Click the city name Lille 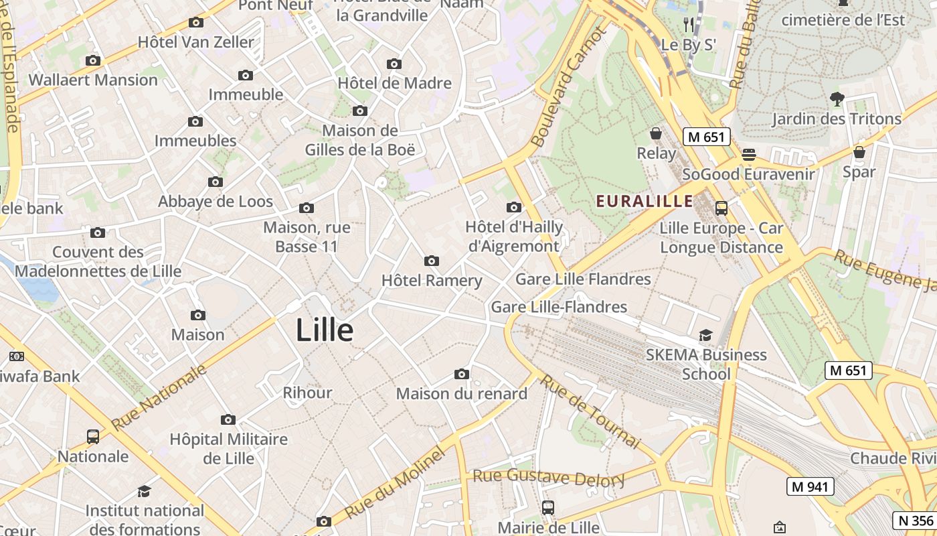coord(325,330)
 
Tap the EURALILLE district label coord(645,201)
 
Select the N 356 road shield coord(915,521)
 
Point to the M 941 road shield coord(810,486)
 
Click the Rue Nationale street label coord(160,398)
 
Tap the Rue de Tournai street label coord(590,411)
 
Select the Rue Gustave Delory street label coord(549,477)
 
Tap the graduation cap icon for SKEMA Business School coord(705,335)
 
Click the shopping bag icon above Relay coord(656,133)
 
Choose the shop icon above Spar coord(859,152)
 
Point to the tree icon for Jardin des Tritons coord(837,99)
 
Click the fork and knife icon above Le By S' coord(689,25)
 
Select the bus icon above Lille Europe coord(721,208)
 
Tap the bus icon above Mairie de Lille coord(548,508)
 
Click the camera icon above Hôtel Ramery coord(432,261)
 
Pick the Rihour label coord(307,393)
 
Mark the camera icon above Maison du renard coord(461,374)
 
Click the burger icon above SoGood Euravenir coord(748,155)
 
